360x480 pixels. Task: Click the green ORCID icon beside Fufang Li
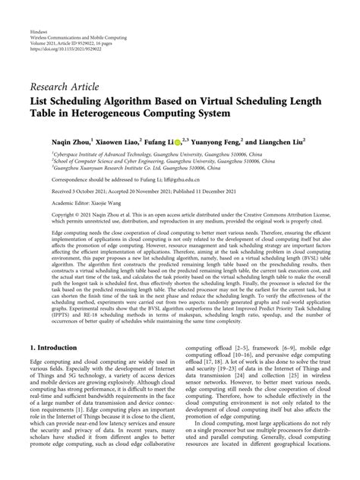pos(179,141)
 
